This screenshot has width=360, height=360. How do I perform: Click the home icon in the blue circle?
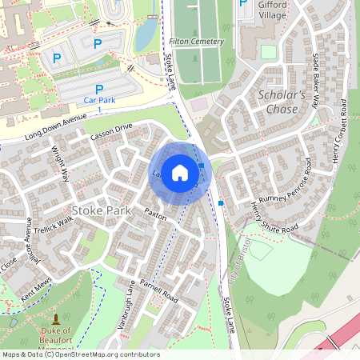tap(180, 173)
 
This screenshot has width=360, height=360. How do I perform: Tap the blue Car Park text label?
tap(100, 100)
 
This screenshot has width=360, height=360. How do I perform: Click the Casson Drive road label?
tap(111, 133)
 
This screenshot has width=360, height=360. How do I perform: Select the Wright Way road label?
tap(61, 164)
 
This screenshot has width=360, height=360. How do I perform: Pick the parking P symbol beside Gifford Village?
tap(243, 3)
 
